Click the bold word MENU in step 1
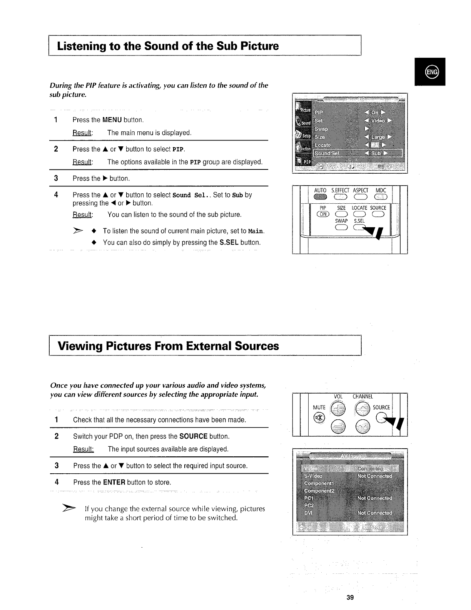pos(112,120)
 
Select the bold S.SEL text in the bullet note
pos(229,243)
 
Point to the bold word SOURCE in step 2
pos(194,436)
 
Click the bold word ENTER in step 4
pos(114,482)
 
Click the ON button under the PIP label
pos(322,215)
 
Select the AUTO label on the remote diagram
pos(320,191)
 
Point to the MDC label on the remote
pos(381,191)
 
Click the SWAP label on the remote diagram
pos(341,221)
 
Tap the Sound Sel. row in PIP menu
pos(327,153)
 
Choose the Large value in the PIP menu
pos(377,137)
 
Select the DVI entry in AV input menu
pos(308,513)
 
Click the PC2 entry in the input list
pos(309,505)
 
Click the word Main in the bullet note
pos(256,231)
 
